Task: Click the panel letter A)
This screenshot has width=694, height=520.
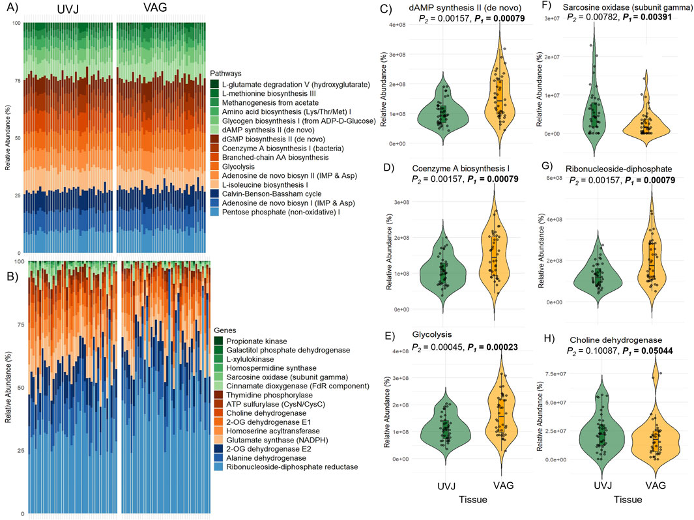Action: [x=11, y=9]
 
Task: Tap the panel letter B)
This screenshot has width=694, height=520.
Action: [x=11, y=265]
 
